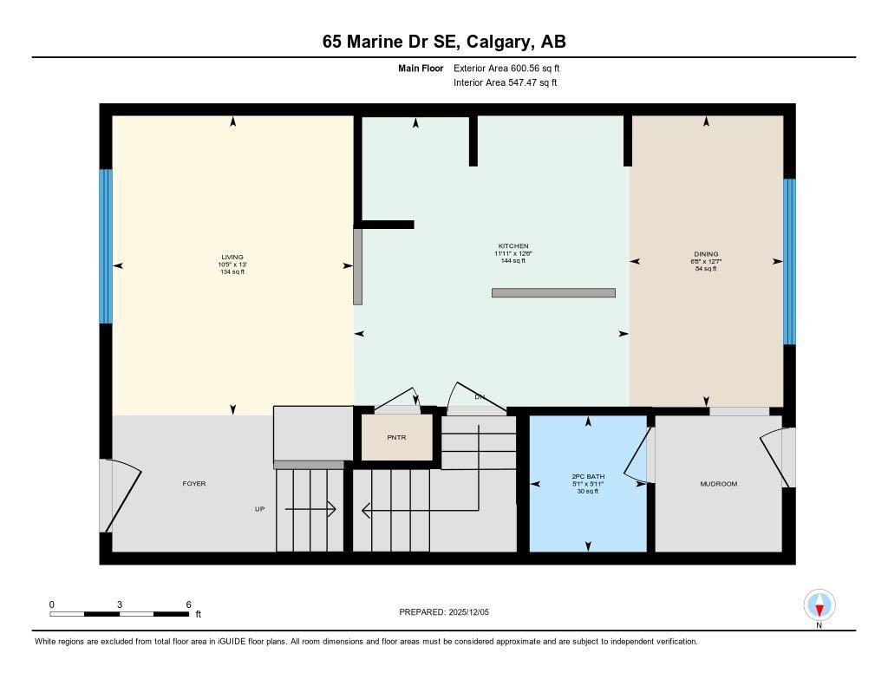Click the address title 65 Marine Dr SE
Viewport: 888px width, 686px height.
(443, 42)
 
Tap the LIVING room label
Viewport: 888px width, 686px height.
(232, 257)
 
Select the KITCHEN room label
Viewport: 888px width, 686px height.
(513, 246)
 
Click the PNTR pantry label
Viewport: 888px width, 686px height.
(396, 438)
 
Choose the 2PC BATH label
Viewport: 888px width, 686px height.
(588, 477)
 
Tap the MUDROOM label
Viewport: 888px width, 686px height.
(718, 484)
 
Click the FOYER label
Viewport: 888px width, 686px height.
(194, 483)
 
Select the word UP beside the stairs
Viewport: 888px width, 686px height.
(259, 509)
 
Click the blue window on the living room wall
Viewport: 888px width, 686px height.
(106, 246)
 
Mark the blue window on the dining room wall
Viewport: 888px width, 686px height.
(789, 261)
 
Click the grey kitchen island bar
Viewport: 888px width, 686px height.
(553, 293)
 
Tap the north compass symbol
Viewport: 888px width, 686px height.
(819, 604)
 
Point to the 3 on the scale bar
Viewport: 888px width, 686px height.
(119, 604)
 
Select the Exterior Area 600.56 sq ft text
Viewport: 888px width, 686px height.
(513, 68)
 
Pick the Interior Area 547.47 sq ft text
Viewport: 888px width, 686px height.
(505, 83)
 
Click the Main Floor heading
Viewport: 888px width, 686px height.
(421, 68)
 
